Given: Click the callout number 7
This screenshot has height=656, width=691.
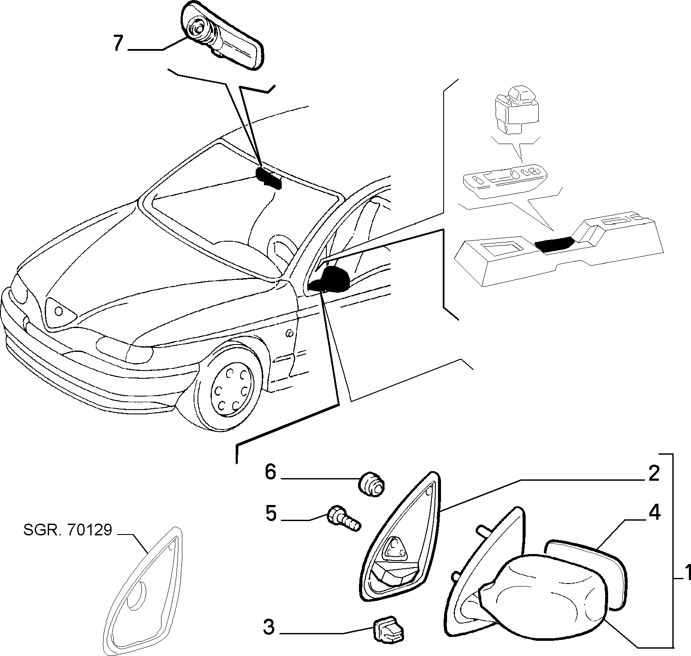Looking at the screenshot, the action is [118, 43].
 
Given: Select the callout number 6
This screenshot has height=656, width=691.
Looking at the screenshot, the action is [270, 472].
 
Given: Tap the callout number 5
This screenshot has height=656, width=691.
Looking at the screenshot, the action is [270, 514].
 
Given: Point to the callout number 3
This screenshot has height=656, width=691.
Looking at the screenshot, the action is [269, 627].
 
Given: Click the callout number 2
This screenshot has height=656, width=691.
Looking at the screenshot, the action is [654, 474].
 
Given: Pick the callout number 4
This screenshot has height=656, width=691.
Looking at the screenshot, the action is [655, 513].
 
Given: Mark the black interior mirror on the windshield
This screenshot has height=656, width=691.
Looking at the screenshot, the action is [269, 177].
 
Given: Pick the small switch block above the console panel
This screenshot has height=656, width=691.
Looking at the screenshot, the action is [517, 108].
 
